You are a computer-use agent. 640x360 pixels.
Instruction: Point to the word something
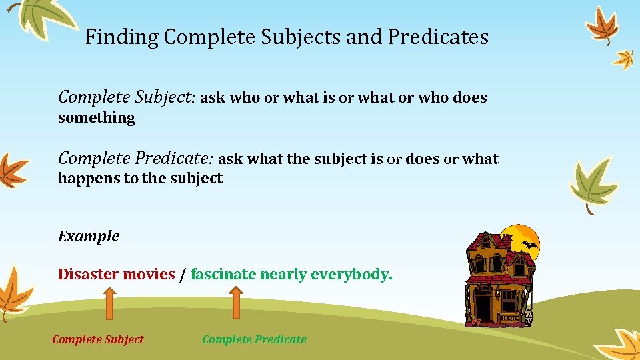click(x=97, y=118)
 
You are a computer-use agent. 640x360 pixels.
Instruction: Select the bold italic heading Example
click(x=89, y=236)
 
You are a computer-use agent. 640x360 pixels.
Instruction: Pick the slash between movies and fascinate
click(x=183, y=275)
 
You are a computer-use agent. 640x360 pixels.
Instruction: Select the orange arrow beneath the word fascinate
click(x=236, y=305)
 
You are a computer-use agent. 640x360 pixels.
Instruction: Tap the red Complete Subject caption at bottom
click(x=97, y=339)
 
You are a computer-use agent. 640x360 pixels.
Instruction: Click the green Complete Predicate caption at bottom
click(x=254, y=339)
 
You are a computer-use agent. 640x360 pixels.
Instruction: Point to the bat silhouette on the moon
click(x=529, y=245)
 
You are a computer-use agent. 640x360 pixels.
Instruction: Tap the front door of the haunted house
click(x=483, y=306)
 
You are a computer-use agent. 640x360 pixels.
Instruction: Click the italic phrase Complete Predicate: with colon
click(x=135, y=159)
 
